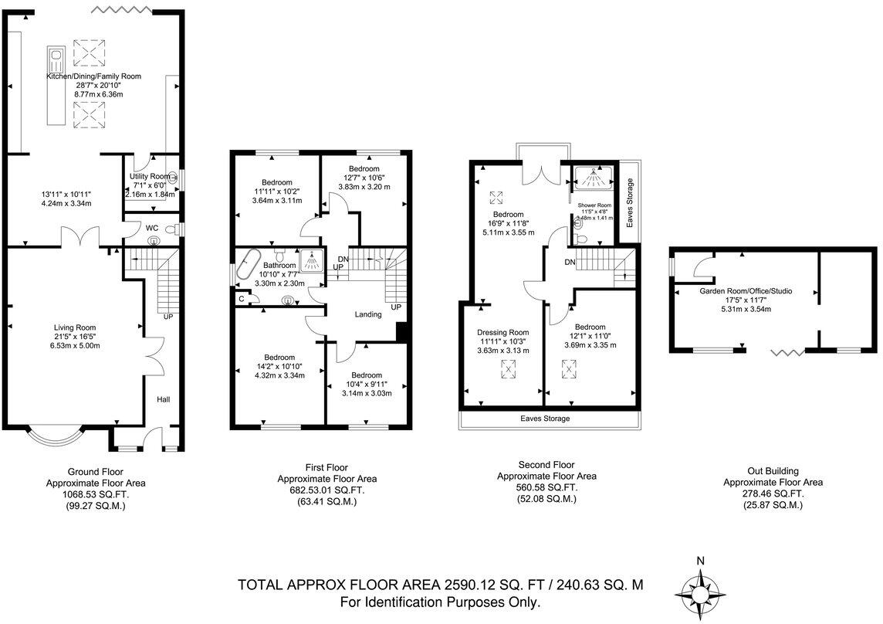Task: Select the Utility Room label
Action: coord(149,176)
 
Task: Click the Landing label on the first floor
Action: coord(368,314)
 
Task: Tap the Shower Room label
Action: coord(594,205)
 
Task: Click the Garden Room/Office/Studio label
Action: coord(746,291)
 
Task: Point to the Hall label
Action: coord(164,399)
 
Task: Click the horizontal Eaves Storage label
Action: coord(545,419)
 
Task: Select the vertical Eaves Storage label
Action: coord(631,203)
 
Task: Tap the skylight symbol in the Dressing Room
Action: coord(509,369)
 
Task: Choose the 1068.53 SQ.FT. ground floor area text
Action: coord(96,494)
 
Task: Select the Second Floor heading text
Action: coord(546,465)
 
